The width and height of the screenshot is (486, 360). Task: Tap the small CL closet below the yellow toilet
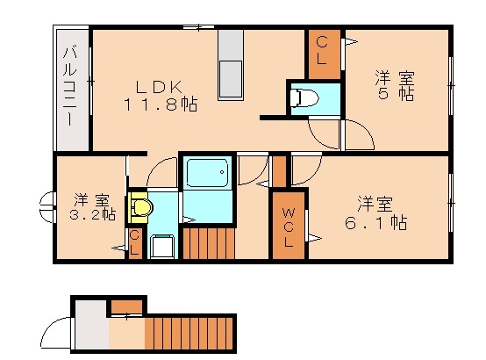[x=135, y=243]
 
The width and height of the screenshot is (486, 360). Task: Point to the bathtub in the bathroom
[x=207, y=173]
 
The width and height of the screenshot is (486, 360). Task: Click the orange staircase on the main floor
[x=210, y=242]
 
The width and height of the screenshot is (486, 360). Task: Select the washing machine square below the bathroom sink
[x=161, y=247]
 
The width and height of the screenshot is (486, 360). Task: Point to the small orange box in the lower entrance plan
[x=127, y=306]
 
